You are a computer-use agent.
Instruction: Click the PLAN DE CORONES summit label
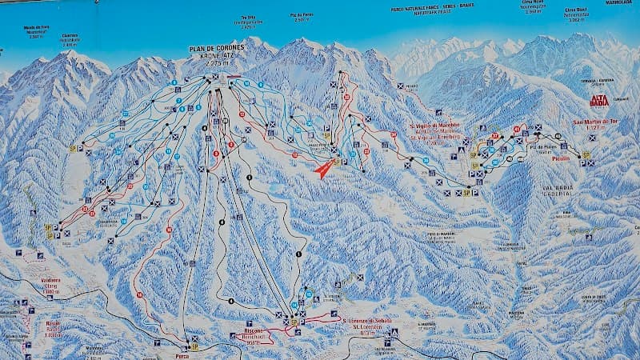tap(217, 49)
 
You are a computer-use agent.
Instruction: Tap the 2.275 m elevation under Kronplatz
tap(217, 63)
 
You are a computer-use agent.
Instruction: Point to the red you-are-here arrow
tap(325, 169)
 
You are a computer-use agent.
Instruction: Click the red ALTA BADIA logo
tap(598, 101)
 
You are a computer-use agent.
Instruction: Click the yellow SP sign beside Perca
tap(194, 347)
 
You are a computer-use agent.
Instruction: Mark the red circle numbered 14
tap(139, 295)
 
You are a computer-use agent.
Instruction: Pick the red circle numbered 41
tap(517, 129)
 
